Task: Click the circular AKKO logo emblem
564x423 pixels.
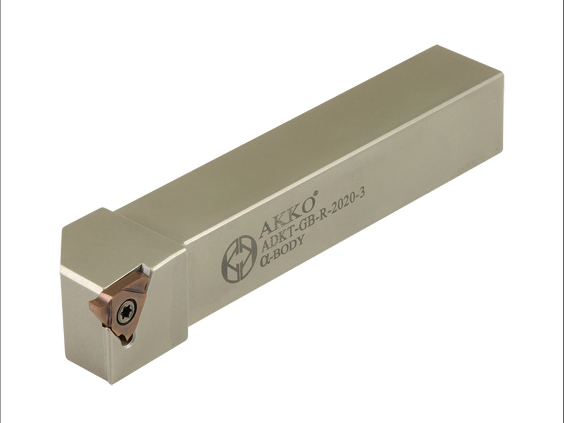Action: click(x=239, y=258)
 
